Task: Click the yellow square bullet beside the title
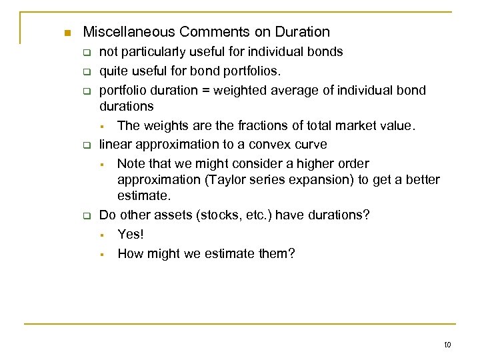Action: coord(65,33)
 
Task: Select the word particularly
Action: coord(156,52)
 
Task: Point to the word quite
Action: coord(113,71)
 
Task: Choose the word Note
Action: coord(131,163)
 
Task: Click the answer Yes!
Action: coord(131,234)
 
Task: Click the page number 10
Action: coord(447,344)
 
